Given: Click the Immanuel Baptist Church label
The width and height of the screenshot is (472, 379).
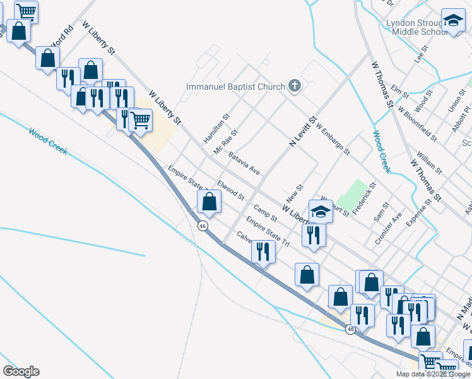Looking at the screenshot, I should click(x=234, y=87).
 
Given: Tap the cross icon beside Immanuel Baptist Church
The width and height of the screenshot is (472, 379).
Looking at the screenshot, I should click(x=293, y=86).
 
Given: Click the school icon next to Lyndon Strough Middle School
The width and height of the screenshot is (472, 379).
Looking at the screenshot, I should click(x=452, y=21).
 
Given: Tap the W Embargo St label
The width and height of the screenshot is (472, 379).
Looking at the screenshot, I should click(x=333, y=140).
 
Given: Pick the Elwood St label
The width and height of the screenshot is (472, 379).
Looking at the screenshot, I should click(x=230, y=189).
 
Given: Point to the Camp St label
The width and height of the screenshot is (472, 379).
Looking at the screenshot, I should click(x=266, y=212).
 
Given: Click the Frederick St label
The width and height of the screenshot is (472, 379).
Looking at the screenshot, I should click(x=364, y=198).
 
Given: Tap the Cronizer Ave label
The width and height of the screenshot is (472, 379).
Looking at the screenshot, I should click(x=388, y=228).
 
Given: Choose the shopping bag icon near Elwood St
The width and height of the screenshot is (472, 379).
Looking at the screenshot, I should click(x=209, y=202).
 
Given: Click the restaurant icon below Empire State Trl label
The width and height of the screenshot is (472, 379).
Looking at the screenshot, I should click(x=263, y=251).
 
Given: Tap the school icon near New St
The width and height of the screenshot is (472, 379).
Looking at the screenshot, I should click(x=321, y=211).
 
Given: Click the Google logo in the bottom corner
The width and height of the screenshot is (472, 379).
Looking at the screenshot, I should click(x=21, y=371).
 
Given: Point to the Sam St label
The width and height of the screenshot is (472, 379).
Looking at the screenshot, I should click(x=381, y=212).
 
